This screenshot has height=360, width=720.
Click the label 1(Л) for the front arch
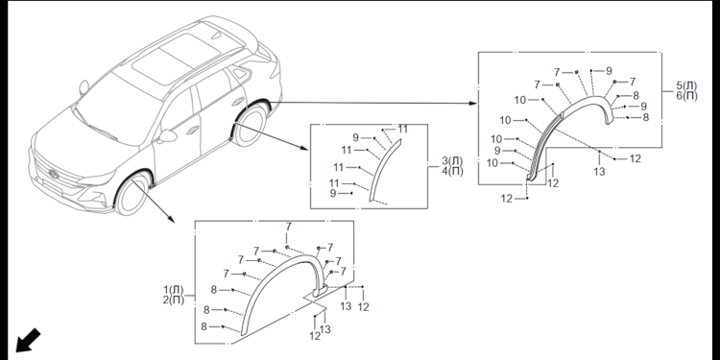174,290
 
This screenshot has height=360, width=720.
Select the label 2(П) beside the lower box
174,300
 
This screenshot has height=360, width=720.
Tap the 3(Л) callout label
452,161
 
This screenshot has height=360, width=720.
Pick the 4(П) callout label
452,171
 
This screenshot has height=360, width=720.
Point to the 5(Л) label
686,85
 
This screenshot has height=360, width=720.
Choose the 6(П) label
686,96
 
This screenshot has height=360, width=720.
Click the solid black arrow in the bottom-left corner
28,341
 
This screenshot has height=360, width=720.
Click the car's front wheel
132,193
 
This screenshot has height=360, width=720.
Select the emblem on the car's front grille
54,175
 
